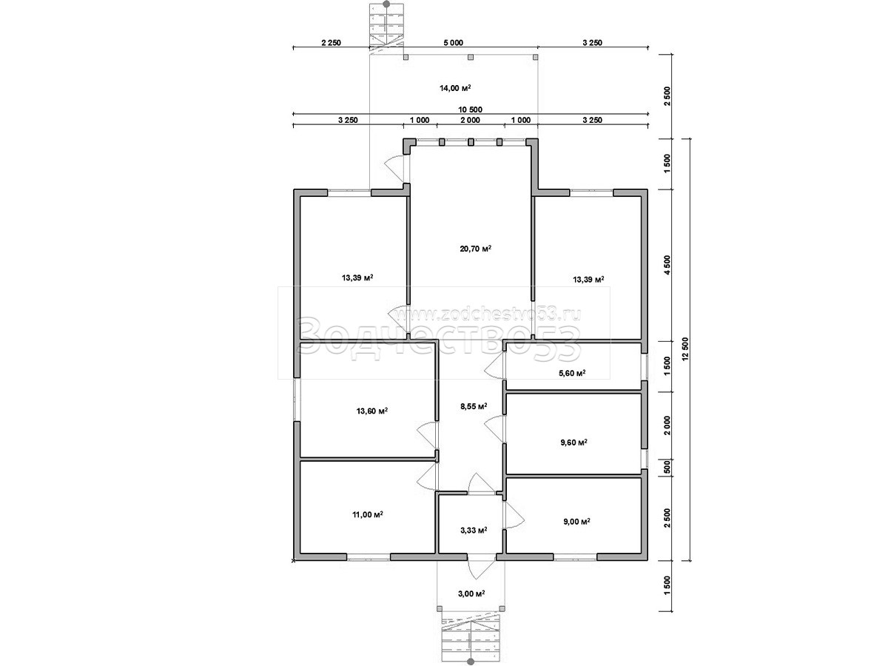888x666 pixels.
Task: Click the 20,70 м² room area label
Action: coord(475,249)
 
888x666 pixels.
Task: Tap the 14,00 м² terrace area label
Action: coord(455,88)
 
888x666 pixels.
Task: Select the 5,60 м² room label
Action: coord(572,373)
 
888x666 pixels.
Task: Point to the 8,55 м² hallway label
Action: coord(474,406)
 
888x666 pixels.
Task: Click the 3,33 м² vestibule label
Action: coord(474,530)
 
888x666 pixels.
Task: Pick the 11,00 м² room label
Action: coord(368,514)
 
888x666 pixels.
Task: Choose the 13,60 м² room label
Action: coord(371,411)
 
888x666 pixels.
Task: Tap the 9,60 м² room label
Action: coord(573,443)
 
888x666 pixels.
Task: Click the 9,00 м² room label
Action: coord(576,522)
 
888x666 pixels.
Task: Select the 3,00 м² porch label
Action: coord(471,593)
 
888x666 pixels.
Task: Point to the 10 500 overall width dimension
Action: coord(470,110)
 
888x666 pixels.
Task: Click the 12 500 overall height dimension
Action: coord(685,350)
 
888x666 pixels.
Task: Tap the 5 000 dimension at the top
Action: coord(453,43)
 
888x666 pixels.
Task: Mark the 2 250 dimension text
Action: coord(332,43)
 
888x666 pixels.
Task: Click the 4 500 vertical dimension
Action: coord(667,265)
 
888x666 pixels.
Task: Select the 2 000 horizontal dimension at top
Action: coord(470,120)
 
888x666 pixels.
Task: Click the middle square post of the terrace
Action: coord(471,58)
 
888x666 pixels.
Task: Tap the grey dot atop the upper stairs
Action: coord(387,4)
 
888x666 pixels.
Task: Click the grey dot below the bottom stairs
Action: coord(470,662)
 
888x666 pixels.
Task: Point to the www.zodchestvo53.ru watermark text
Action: coord(489,314)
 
